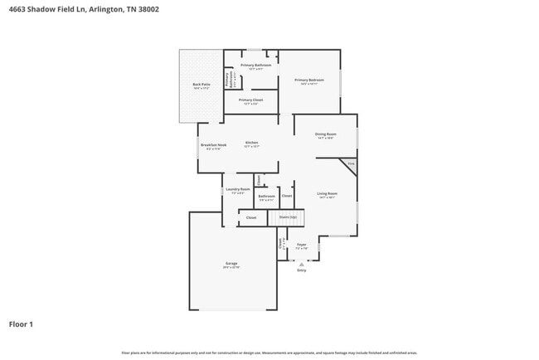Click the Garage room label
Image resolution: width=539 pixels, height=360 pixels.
point(231,263)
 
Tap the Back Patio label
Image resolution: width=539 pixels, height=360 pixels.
point(201,84)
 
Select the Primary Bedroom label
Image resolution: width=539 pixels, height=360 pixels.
point(308,80)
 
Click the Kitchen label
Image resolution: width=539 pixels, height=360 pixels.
point(251,143)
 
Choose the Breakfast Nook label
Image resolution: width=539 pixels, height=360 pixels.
point(213,144)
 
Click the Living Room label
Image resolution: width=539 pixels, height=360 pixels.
point(327,193)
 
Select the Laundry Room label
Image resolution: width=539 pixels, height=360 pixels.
point(238,189)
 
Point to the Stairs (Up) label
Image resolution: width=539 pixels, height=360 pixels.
point(288,217)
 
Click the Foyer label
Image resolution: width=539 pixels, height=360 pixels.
point(302,245)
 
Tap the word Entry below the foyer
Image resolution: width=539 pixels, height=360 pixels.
point(302,270)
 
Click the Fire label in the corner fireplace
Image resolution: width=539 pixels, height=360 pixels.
point(351,164)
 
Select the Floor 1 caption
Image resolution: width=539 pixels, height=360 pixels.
point(21,324)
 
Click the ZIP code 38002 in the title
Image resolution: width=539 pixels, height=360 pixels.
point(148,9)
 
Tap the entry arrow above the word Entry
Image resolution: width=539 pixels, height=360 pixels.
point(302,264)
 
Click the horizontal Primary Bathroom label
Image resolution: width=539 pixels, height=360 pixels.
point(255,65)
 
